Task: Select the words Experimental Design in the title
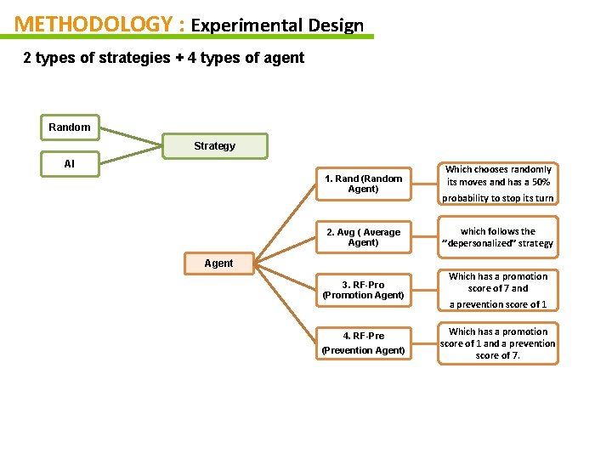point(277,25)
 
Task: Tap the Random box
point(70,127)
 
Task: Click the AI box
point(70,164)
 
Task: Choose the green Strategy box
point(214,146)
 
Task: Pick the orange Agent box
point(218,263)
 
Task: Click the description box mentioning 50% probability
point(499,184)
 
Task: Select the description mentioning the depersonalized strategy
point(499,237)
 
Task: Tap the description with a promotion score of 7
point(499,290)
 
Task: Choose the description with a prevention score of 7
point(499,343)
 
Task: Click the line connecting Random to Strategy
point(127,137)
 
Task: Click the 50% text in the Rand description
point(538,183)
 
